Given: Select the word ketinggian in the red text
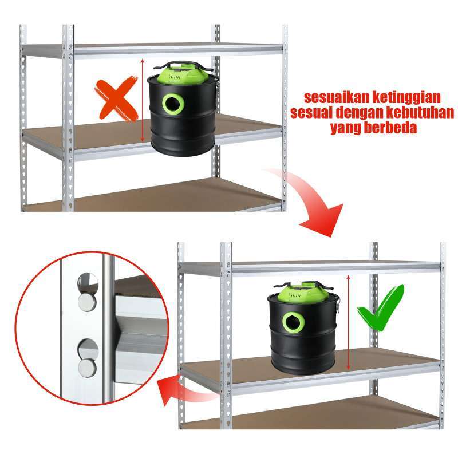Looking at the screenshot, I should (x=407, y=95).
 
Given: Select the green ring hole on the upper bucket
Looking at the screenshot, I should (x=171, y=104).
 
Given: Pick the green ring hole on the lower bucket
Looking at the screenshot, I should (x=292, y=322).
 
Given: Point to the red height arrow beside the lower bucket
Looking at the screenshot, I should (x=349, y=322).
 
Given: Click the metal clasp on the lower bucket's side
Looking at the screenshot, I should (x=339, y=303).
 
